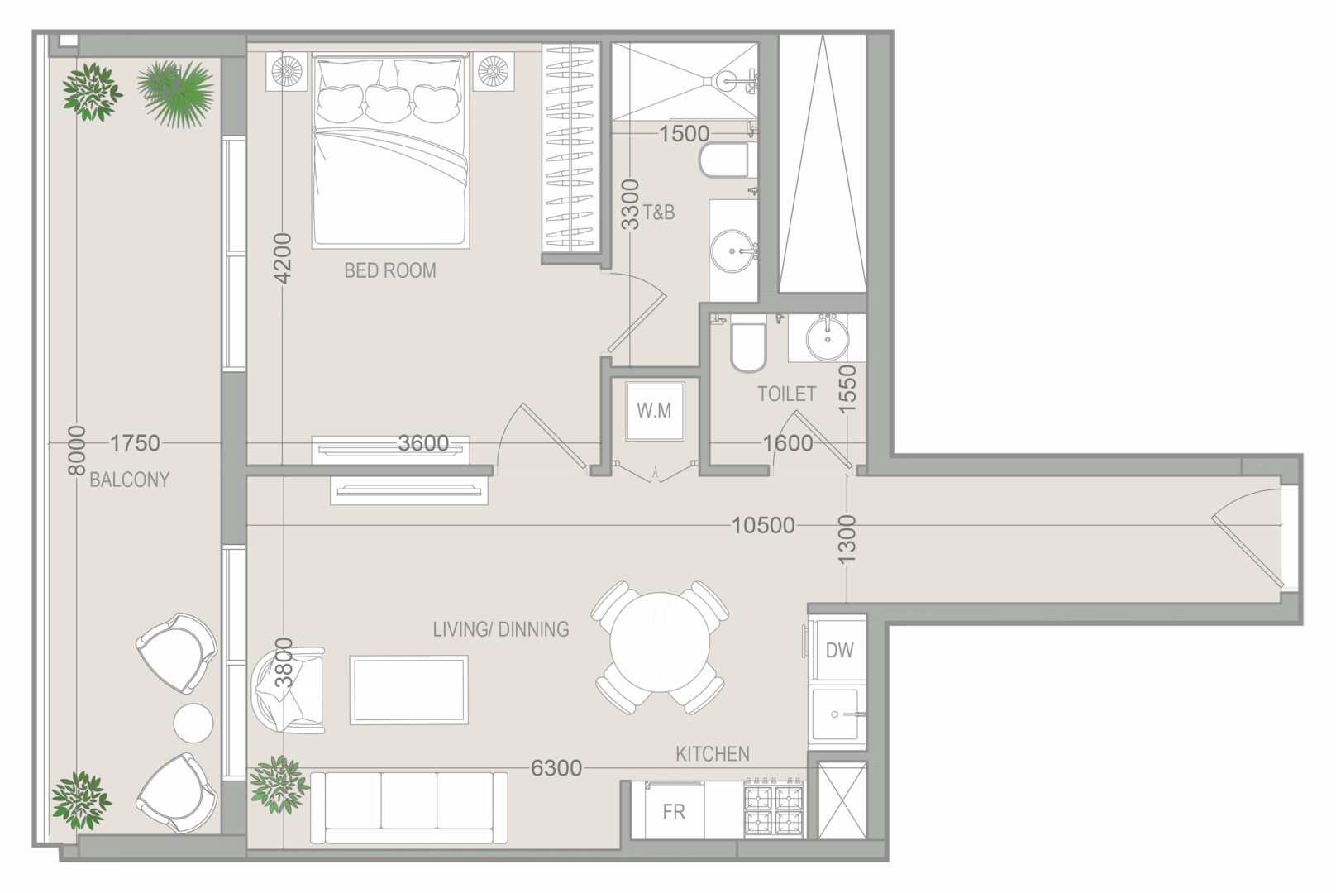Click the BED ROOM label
[x=390, y=271]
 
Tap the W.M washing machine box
[x=655, y=410]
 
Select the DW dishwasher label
[x=839, y=650]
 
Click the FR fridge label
[x=674, y=812]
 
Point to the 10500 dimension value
[x=763, y=526]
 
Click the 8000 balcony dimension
[x=77, y=451]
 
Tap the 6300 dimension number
[x=556, y=768]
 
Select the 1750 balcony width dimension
[x=136, y=443]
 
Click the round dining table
[x=661, y=642]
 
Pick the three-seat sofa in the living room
[x=409, y=808]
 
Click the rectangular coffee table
[x=408, y=690]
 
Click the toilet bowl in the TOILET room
[x=748, y=348]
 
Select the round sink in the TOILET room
[x=827, y=338]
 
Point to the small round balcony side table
[x=193, y=723]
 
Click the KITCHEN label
[x=712, y=755]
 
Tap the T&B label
[x=658, y=213]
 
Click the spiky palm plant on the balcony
[x=175, y=94]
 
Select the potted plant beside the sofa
[x=279, y=785]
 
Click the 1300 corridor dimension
[x=847, y=538]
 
